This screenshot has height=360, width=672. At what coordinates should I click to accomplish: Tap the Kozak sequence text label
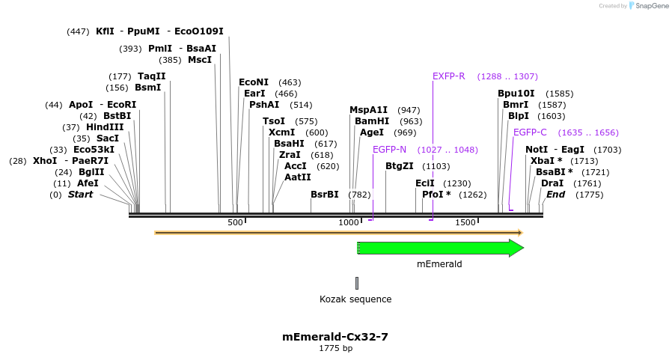[x=355, y=299]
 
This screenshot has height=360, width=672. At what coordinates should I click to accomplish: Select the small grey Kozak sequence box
[x=357, y=283]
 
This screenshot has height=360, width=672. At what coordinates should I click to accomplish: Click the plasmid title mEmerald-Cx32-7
[x=335, y=337]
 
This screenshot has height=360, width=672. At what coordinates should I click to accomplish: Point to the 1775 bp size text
[x=335, y=349]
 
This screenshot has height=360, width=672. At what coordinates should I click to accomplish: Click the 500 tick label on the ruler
[x=235, y=223]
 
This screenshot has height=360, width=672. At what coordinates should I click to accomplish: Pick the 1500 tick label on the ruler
[x=465, y=223]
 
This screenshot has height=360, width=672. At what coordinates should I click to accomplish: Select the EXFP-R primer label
[x=449, y=76]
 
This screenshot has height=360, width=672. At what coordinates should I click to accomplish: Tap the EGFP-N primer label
[x=389, y=150]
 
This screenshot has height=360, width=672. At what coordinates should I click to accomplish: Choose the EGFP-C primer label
[x=530, y=132]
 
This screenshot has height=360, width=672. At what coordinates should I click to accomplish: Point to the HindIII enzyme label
[x=104, y=127]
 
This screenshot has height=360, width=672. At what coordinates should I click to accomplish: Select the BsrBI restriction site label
[x=325, y=195]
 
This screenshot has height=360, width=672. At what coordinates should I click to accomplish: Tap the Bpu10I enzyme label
[x=516, y=94]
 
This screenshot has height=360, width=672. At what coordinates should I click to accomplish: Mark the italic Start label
[x=81, y=195]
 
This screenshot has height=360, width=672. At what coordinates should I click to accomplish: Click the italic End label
[x=555, y=195]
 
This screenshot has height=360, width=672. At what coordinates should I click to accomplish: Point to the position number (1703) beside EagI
[x=607, y=150]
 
